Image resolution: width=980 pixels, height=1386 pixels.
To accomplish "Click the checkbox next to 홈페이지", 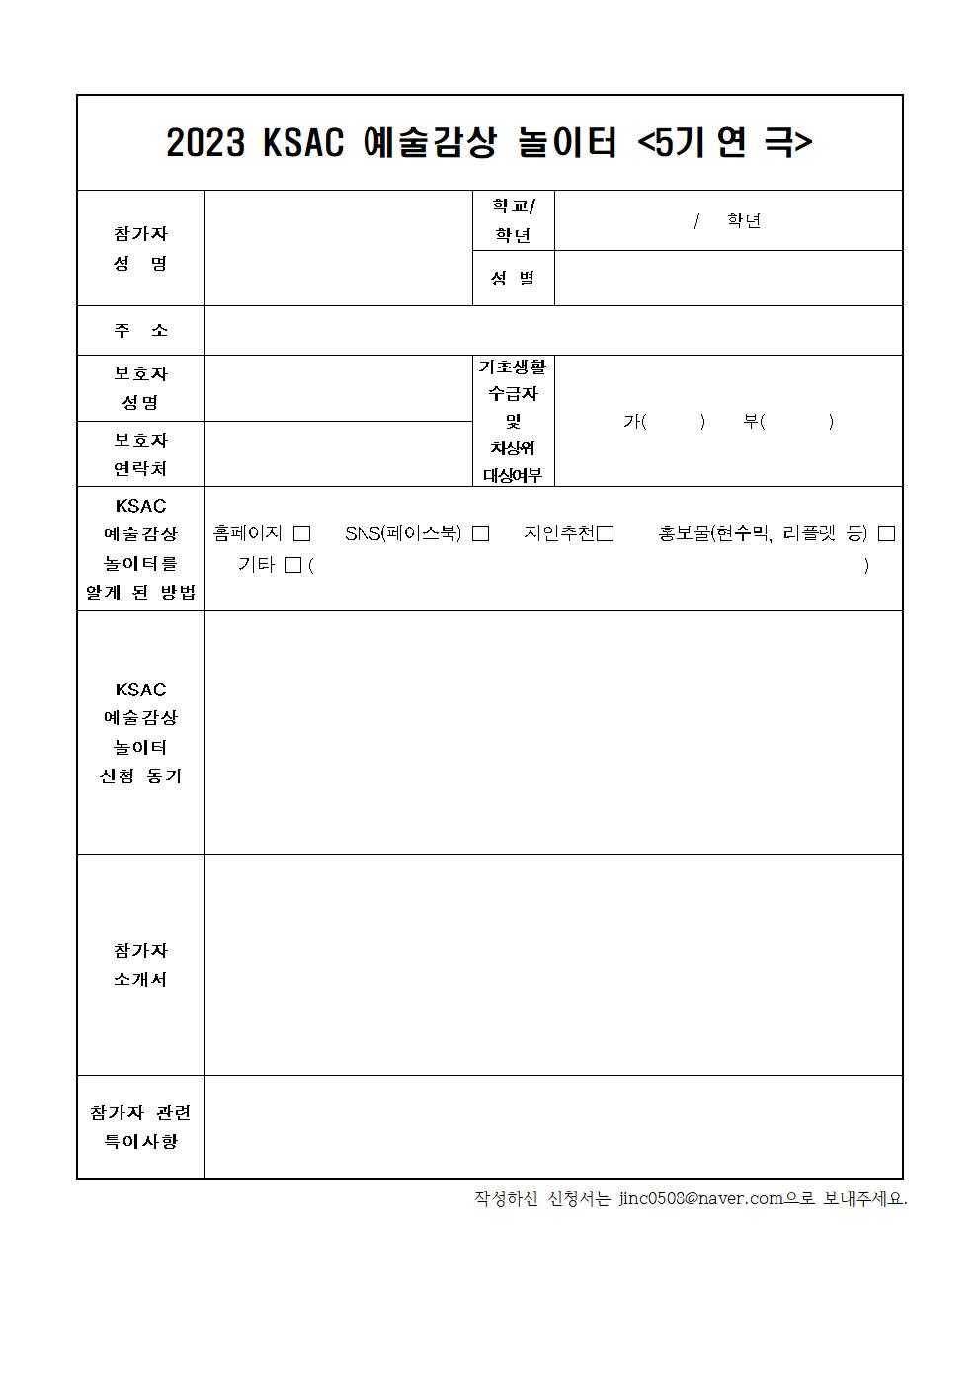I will tap(301, 533).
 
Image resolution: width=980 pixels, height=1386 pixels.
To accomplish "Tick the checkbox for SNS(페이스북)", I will tap(480, 533).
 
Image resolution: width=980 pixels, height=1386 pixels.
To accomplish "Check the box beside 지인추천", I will tap(606, 533).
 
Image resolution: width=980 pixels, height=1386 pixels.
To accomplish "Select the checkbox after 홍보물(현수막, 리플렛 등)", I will tap(886, 533).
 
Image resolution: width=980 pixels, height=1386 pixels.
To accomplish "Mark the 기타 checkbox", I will tap(292, 566).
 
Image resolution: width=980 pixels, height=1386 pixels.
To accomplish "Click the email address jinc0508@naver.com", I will tap(700, 1198).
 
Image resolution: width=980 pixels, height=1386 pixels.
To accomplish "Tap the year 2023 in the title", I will tap(204, 144).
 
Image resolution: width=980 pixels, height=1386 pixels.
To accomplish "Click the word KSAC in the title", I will tap(303, 144).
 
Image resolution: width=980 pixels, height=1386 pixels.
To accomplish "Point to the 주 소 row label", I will tap(141, 331).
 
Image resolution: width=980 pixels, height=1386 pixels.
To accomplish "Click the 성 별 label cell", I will tap(513, 279).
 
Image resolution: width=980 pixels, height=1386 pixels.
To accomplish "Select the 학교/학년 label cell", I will tap(513, 220).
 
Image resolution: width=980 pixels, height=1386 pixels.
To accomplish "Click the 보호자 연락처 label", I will tap(141, 454).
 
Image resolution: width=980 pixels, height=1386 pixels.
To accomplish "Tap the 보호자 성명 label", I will tap(141, 388).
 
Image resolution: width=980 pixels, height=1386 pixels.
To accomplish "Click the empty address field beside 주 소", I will tap(553, 331).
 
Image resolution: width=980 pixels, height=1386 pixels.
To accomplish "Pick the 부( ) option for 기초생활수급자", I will tap(787, 421).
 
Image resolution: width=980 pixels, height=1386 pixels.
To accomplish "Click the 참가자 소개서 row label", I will tap(141, 965).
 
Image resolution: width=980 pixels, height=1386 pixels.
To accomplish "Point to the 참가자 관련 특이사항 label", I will tap(141, 1127).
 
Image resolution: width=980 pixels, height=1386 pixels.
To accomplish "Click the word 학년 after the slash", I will tap(744, 220).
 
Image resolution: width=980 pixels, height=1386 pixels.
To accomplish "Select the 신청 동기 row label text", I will tap(141, 775).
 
